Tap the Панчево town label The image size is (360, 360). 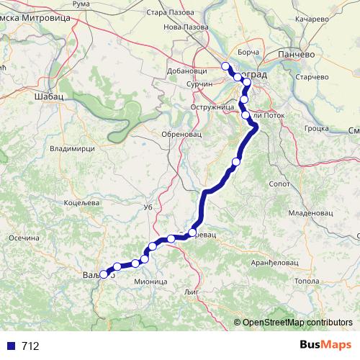tap(296, 55)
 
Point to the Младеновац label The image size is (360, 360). tap(309, 214)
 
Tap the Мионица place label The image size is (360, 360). tap(150, 282)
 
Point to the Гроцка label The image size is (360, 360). tap(318, 129)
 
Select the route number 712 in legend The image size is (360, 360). tap(30, 346)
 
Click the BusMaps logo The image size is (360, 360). tap(325, 346)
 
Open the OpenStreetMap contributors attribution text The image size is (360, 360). tap(297, 323)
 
